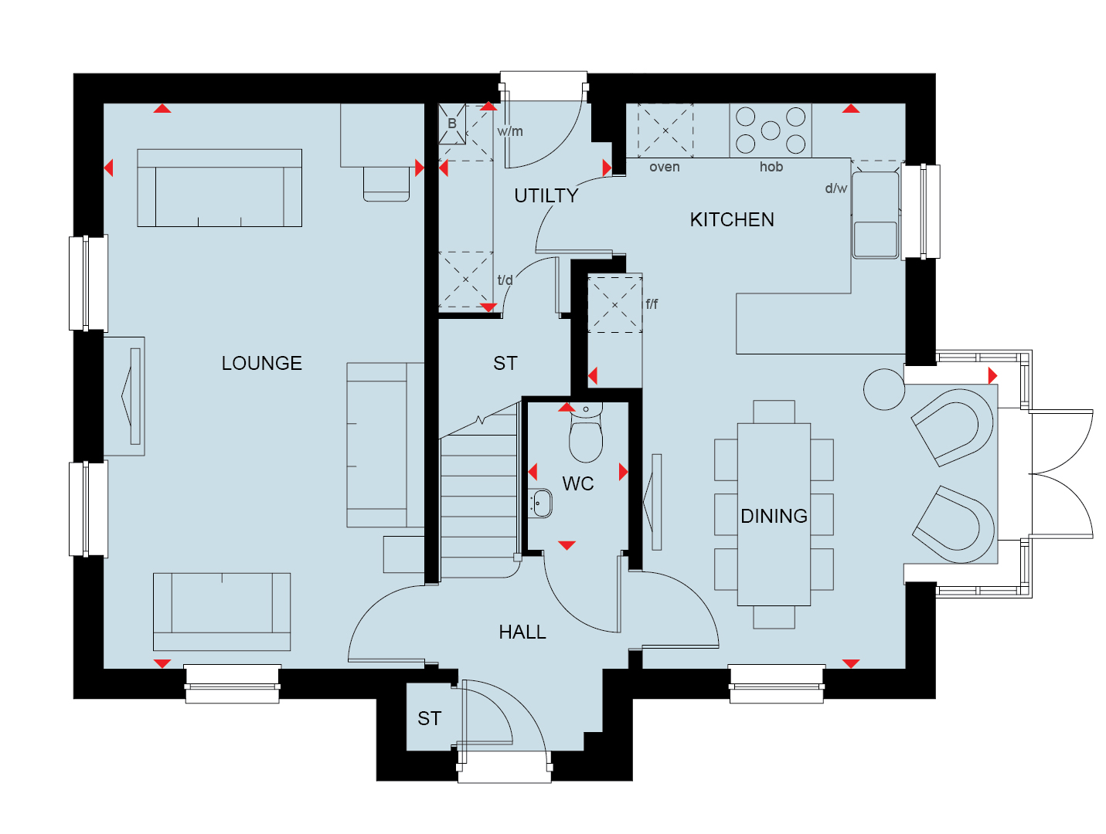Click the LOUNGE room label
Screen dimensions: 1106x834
click(261, 363)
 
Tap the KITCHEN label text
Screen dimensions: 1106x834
click(731, 219)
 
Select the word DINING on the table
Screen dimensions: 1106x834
click(774, 516)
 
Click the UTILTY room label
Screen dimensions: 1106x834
click(546, 195)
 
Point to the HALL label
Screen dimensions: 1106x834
click(522, 632)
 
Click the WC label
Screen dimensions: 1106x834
click(577, 483)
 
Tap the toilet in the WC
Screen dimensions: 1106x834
click(586, 433)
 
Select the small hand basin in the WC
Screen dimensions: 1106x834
click(540, 502)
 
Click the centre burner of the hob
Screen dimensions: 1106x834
click(770, 131)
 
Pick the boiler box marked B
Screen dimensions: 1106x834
click(451, 124)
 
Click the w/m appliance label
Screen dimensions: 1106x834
click(509, 131)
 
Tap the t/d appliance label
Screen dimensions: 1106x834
click(505, 280)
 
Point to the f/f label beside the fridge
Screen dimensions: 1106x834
click(651, 303)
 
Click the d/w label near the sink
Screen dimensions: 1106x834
click(835, 188)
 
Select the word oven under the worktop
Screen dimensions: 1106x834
click(664, 167)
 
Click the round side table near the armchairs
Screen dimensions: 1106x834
click(883, 389)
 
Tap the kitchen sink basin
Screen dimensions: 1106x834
click(875, 239)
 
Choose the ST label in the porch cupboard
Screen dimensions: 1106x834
click(429, 718)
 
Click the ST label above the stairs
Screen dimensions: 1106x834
click(505, 363)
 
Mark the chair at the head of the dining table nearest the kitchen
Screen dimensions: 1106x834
click(774, 412)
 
